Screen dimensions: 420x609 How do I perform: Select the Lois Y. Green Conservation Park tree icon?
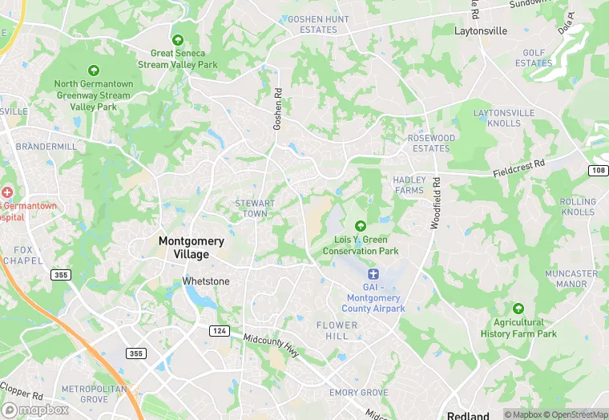click(360, 227)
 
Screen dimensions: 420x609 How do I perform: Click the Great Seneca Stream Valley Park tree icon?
click(177, 40)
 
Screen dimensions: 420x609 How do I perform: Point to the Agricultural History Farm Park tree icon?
click(518, 309)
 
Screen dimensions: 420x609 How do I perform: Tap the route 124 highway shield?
click(218, 331)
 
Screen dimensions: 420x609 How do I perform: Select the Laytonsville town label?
click(481, 31)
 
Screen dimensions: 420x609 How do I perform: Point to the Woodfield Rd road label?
click(435, 204)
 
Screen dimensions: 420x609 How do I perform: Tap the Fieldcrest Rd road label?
click(518, 167)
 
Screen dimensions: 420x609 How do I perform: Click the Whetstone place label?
click(206, 281)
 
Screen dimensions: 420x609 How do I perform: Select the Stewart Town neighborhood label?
click(255, 208)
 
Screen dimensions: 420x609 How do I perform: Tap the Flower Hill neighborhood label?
click(337, 331)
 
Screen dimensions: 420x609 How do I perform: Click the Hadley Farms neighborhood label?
click(409, 185)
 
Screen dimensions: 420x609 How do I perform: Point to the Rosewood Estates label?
click(431, 143)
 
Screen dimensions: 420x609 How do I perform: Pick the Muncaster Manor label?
click(571, 279)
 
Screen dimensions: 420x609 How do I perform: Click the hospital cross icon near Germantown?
click(6, 192)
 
